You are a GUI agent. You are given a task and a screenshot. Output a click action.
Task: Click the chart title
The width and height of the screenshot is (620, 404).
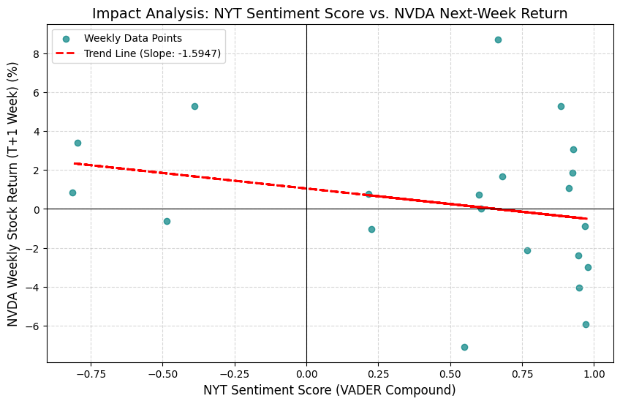(x=330, y=13)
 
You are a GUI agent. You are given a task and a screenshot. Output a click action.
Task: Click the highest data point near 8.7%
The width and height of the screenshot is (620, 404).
(x=498, y=40)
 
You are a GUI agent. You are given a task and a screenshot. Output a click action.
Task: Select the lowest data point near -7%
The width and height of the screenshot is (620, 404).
(x=464, y=347)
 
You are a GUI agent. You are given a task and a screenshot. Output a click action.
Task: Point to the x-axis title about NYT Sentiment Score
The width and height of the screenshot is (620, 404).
(x=329, y=390)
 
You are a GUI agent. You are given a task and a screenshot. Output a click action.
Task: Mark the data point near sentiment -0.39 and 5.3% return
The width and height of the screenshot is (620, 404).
(x=194, y=106)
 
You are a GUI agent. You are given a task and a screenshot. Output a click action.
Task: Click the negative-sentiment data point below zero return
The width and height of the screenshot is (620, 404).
(x=167, y=221)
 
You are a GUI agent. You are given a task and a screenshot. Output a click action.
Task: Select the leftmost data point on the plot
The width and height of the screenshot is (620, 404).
(x=72, y=192)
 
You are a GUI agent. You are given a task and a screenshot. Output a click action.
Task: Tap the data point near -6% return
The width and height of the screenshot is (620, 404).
(x=586, y=324)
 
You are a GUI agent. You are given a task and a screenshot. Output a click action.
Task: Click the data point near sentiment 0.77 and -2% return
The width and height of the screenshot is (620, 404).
(x=527, y=250)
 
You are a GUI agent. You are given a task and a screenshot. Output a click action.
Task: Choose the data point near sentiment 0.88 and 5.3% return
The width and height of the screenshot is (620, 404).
(x=561, y=106)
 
